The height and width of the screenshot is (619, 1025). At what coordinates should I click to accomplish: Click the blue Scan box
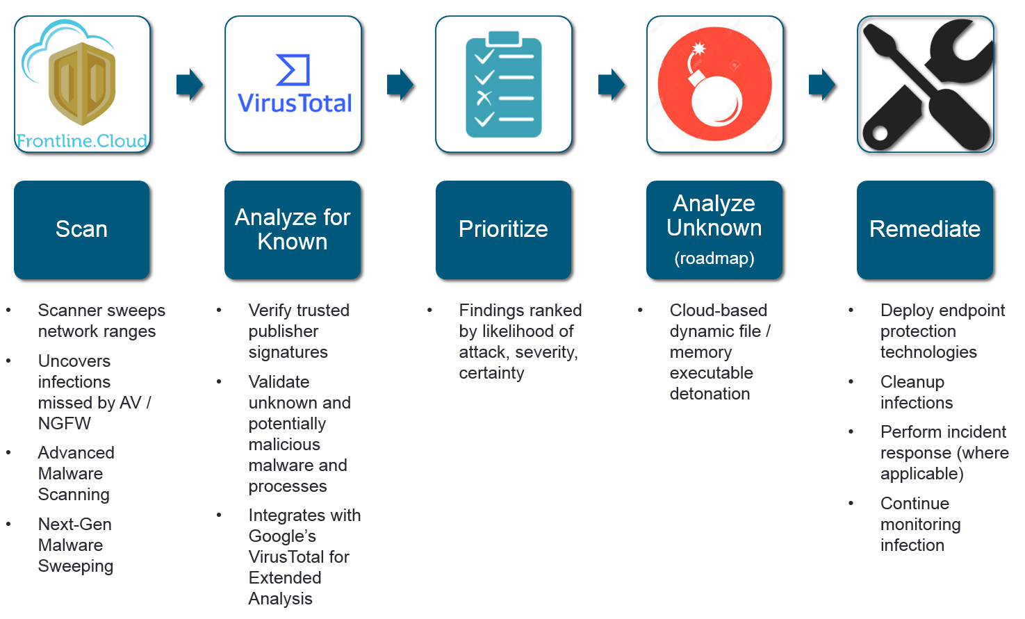(82, 230)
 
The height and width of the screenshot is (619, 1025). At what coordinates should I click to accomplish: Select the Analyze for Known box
(293, 230)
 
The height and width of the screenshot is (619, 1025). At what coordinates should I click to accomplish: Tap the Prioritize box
(503, 230)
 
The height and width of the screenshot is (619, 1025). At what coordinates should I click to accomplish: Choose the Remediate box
(925, 230)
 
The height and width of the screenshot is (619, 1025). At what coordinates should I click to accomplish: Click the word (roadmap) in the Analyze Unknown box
(714, 258)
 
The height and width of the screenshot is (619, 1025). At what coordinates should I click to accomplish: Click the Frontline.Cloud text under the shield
(82, 141)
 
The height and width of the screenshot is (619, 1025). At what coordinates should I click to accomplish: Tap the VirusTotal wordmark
(295, 104)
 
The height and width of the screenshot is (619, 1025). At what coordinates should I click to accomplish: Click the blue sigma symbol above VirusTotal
(293, 69)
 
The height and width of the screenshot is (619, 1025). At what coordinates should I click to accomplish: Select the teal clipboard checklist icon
(503, 83)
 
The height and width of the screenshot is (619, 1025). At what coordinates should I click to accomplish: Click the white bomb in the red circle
(716, 97)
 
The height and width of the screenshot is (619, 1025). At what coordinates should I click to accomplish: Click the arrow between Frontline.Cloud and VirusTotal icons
(190, 85)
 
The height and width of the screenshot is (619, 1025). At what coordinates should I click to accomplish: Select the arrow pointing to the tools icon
(822, 85)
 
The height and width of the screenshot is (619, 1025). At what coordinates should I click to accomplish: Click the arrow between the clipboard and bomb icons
(612, 85)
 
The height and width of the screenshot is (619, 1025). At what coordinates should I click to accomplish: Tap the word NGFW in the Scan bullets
(65, 424)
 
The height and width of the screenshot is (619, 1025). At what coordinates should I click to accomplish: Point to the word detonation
(710, 394)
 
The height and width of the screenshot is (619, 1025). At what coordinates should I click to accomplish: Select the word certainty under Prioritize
(491, 373)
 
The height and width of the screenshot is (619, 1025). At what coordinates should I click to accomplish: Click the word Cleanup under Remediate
(912, 382)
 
